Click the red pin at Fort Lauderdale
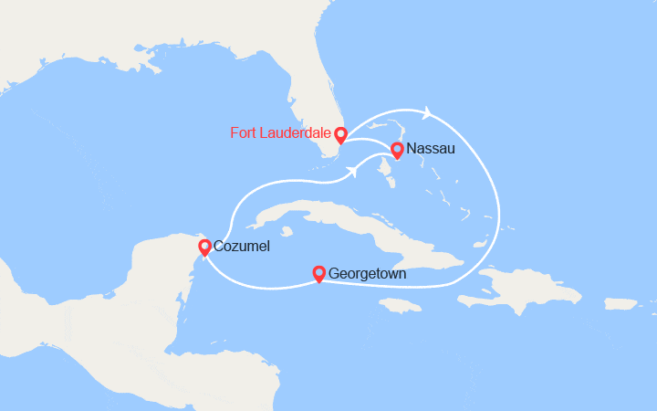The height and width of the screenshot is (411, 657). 340,135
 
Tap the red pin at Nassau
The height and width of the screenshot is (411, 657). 397,150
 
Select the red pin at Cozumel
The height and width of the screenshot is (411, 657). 204,247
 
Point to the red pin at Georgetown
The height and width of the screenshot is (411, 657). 318,272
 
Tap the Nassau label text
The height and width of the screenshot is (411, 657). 433,148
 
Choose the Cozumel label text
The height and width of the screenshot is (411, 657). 242,247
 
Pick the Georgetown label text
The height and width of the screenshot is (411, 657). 368,273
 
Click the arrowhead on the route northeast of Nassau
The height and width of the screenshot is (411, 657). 427,113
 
